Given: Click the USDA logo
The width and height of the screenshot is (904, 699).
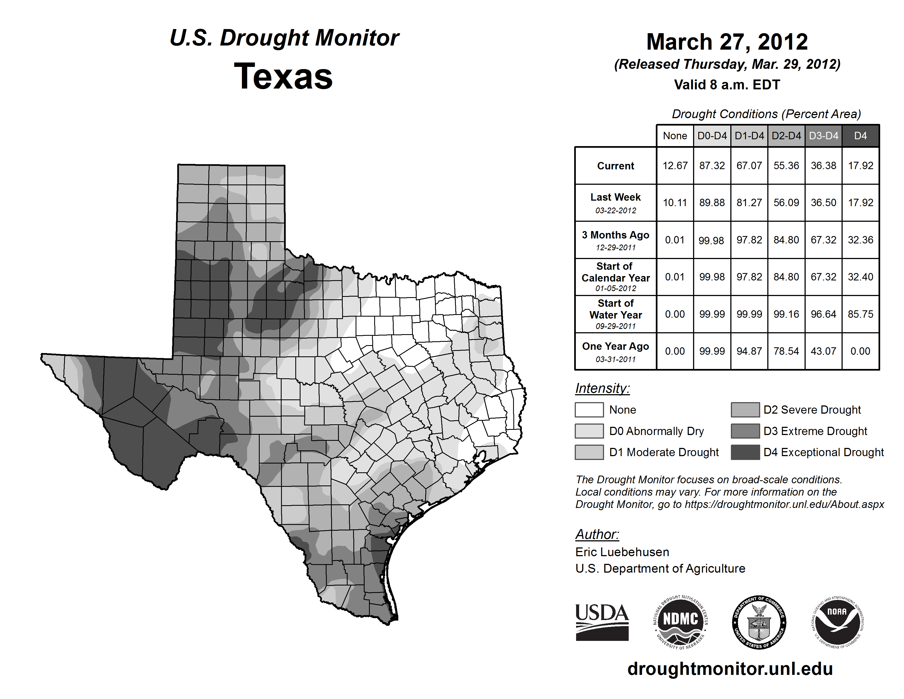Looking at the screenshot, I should (602, 622).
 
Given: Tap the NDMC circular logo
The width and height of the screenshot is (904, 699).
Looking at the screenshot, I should (680, 622).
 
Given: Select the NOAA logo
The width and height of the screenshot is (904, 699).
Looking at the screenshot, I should (837, 622).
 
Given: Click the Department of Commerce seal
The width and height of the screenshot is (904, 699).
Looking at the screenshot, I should (759, 622).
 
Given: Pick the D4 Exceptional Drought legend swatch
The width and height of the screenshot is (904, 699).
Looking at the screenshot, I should (745, 452).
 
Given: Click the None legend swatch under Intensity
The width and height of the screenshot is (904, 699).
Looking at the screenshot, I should (589, 410).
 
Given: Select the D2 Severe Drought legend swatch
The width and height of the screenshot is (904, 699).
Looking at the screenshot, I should (745, 410).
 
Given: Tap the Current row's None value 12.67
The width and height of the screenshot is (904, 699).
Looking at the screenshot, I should (675, 166).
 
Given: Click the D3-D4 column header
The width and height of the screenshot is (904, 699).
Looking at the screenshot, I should (823, 136).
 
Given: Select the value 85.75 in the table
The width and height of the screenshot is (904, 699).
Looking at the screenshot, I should (860, 314).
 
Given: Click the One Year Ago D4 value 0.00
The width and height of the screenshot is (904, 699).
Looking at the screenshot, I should (860, 351).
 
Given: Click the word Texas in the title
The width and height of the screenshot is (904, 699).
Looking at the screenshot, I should (283, 76).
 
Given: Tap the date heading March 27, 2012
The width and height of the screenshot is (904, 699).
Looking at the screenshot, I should (727, 42).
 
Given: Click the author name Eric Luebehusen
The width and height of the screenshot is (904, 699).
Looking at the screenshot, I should (622, 552).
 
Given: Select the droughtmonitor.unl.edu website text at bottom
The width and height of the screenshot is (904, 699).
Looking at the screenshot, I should (730, 669).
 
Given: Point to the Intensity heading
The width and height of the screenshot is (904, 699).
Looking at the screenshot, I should (602, 388).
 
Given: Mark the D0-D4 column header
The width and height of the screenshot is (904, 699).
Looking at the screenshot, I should (712, 136).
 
